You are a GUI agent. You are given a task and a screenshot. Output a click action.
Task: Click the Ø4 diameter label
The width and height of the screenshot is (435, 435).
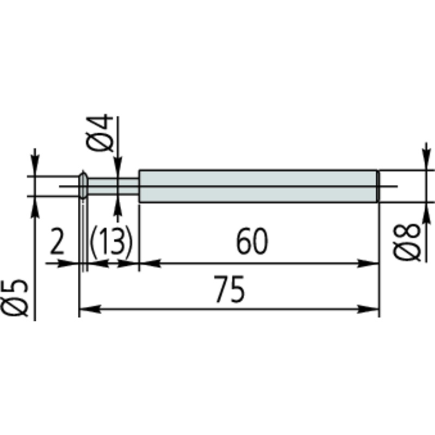pos(100,133)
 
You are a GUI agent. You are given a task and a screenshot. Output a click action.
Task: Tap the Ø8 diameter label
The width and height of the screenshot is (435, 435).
pos(407,242)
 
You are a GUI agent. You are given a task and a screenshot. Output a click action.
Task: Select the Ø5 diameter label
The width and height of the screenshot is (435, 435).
pos(14,297)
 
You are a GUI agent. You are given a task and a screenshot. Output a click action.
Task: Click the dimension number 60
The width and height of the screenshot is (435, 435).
pos(252,241)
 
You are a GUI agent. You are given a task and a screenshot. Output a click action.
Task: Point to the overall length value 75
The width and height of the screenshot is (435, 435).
pos(229,289)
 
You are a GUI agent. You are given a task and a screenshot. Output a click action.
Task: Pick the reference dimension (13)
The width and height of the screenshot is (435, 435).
pos(111,241)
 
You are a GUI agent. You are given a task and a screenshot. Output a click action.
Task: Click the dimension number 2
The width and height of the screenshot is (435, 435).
pos(57,241)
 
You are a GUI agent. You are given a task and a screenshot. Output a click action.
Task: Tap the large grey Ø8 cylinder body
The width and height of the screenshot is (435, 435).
pos(258,186)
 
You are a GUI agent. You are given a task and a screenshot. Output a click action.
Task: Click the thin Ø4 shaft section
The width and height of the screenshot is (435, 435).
pos(113,186)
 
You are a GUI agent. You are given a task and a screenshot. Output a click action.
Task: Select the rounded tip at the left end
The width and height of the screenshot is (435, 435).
pos(84,185)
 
